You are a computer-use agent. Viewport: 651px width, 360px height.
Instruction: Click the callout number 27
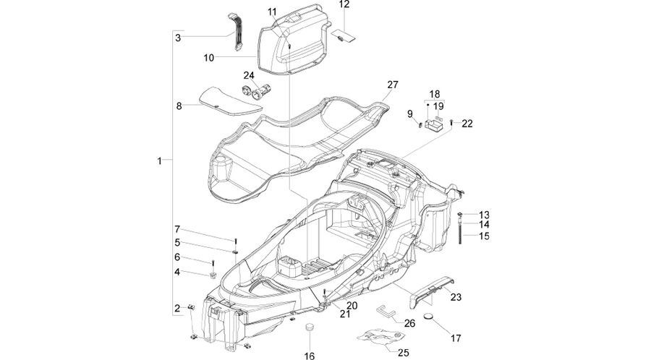[392, 85]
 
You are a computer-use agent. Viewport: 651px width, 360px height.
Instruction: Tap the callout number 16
[310, 356]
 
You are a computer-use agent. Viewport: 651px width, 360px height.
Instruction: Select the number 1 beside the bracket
[159, 160]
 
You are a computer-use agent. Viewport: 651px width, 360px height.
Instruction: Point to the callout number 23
[456, 297]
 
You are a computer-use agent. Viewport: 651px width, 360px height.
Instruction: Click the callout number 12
[344, 4]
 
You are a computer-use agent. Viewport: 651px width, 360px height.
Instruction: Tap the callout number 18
[434, 94]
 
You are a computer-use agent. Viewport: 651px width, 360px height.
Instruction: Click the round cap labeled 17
[428, 317]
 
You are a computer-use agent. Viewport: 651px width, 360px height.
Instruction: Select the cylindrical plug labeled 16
[309, 327]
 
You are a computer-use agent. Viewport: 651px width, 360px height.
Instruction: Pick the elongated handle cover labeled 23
[430, 291]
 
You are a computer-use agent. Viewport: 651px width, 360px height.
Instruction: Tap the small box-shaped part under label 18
[434, 125]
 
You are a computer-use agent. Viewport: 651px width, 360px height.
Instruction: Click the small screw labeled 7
[235, 241]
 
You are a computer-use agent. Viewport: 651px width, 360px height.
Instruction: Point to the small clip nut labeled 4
[213, 275]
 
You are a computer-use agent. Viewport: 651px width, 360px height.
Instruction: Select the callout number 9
[410, 113]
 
